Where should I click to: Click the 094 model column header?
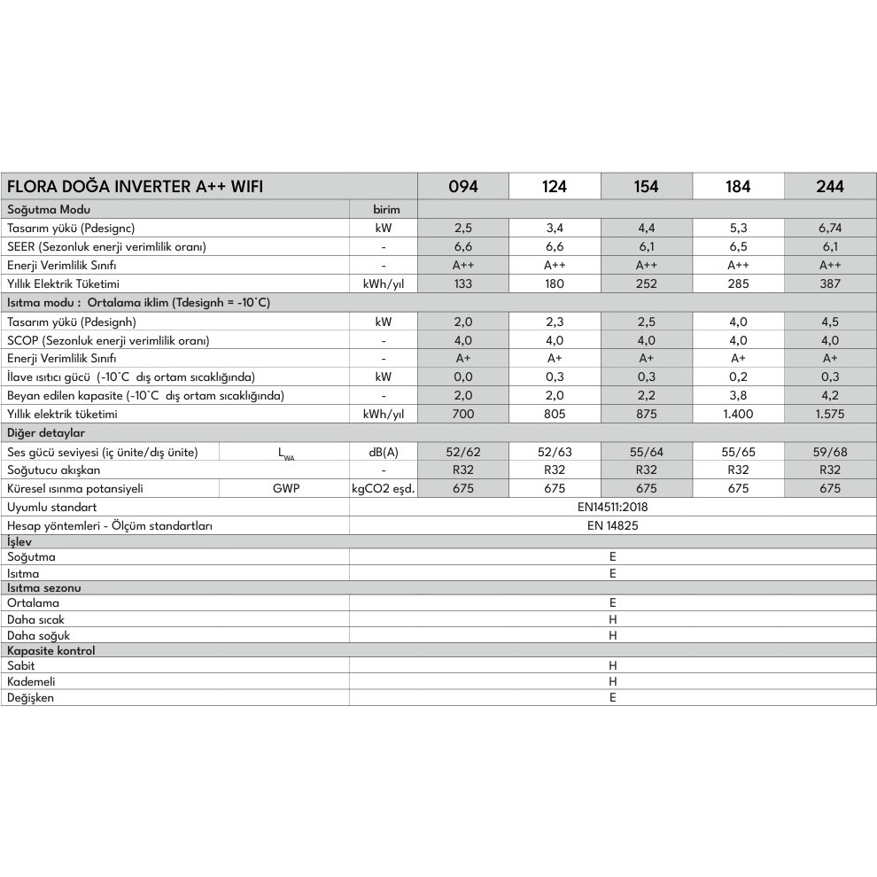pos(462,186)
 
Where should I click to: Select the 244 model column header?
pos(830,186)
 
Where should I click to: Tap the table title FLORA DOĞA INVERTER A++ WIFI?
pos(135,186)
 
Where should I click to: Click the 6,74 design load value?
pos(830,228)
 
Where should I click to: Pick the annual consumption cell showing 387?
pos(830,284)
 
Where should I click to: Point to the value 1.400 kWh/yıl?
pos(738,414)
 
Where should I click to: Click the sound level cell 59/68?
pos(830,452)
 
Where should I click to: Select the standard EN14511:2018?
pos(612,508)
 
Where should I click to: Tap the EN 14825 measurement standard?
pos(612,525)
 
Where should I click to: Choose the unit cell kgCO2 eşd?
pos(383,488)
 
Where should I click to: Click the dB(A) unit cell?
pos(383,452)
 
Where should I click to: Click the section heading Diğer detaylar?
pos(46,433)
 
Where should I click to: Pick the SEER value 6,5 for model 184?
pos(738,246)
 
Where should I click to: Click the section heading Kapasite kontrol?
pos(50,650)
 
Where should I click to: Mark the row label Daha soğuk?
pos(38,635)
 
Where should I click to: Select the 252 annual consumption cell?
pos(646,284)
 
